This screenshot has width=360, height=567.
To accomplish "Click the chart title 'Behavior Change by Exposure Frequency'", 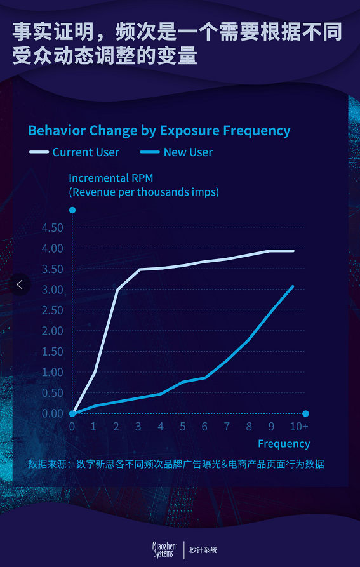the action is point(159,131).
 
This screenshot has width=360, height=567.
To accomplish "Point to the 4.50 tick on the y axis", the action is point(53,228).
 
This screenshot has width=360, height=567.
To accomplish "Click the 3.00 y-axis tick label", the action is point(53,290).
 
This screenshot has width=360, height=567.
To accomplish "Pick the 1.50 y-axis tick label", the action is point(53,352).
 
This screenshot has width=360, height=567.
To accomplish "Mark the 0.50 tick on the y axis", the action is point(53,392).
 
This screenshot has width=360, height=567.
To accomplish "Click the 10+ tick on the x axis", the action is point(299,427).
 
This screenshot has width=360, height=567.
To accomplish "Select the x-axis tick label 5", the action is point(182,427).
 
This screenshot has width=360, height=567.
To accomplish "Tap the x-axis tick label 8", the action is point(249,427).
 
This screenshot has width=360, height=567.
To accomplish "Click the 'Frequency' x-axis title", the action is point(284,444).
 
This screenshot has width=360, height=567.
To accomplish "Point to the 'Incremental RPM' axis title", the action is point(111,178).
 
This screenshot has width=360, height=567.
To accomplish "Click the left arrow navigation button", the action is point(20,284).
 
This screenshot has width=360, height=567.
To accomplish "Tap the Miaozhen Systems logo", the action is point(163,550).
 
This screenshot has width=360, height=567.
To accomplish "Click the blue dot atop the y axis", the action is point(72,210).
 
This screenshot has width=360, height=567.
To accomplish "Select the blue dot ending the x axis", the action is point(305,414).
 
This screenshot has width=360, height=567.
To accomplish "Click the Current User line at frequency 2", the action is point(117,290).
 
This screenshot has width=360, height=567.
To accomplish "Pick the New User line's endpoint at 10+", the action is point(293,287).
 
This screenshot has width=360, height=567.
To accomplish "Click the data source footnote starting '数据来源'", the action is point(176,464).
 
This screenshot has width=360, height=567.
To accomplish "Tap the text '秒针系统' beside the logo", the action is point(204,550).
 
